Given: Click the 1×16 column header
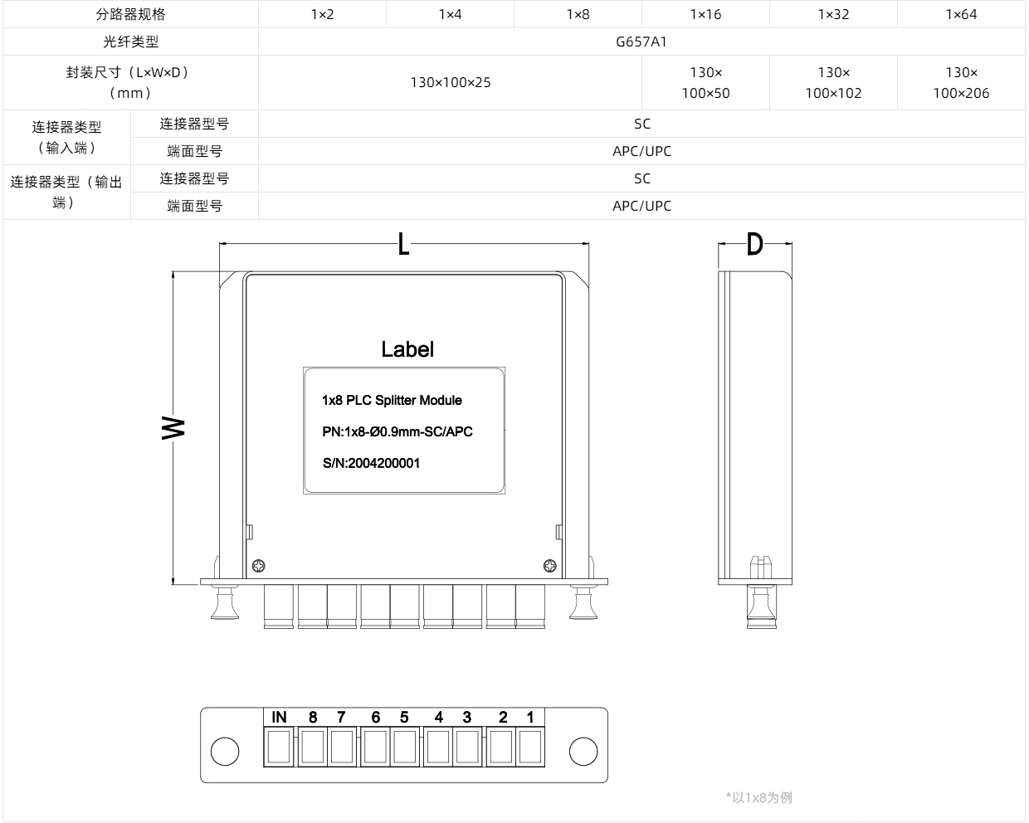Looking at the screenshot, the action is point(705,14).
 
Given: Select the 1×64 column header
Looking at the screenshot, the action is point(961,14).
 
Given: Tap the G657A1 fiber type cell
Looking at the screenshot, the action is point(641,41).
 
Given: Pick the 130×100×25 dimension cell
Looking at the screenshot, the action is point(451,82).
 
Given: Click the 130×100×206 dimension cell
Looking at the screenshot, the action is point(961,82).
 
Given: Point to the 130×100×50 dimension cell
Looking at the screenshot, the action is point(705,82).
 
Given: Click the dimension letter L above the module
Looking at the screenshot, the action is point(403,244).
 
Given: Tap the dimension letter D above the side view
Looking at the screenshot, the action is point(755,244).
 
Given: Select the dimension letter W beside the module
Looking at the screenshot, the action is point(173,427).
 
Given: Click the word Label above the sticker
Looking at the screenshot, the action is point(407,349).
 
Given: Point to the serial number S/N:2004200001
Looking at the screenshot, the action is point(371,463).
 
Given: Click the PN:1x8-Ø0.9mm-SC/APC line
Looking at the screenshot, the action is point(397,431).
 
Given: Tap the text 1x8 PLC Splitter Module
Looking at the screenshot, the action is point(392,400).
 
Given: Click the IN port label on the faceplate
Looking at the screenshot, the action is point(279,718).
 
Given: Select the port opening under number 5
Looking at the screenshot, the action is point(404,747).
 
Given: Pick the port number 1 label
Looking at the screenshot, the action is point(530,718).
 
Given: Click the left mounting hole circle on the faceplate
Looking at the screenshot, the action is point(225,752).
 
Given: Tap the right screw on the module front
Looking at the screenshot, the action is point(550,566).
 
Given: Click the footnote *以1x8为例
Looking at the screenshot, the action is point(758,797).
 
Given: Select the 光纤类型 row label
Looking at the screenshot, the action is point(130,41).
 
